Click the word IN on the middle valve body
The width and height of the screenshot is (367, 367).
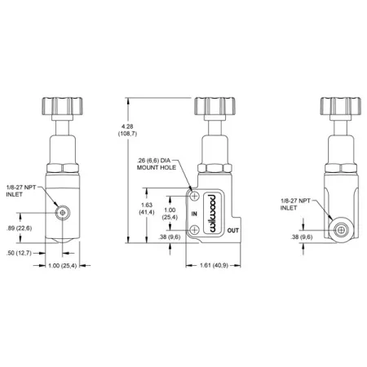(195, 214)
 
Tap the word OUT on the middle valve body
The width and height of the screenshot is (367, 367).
(232, 231)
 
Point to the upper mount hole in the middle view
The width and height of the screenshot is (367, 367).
(194, 196)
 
